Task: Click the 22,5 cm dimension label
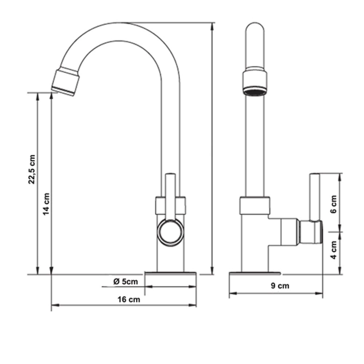[32, 169]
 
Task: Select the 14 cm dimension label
[46, 204]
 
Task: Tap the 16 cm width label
[129, 300]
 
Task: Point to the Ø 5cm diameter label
[126, 282]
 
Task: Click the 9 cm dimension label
[280, 285]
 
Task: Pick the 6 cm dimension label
[333, 204]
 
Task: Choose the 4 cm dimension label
[333, 250]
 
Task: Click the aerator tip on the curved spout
[66, 81]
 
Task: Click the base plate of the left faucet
[170, 273]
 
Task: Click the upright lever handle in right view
[314, 197]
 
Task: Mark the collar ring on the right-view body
[255, 205]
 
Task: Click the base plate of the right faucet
[255, 273]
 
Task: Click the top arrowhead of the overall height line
[212, 26]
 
